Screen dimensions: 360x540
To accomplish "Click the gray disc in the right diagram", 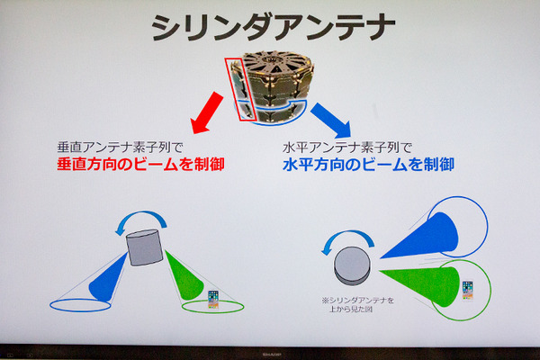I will click(x=351, y=263).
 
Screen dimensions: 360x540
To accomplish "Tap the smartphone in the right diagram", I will click(x=467, y=289).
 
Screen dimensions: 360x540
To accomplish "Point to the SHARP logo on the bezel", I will click(x=269, y=354).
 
